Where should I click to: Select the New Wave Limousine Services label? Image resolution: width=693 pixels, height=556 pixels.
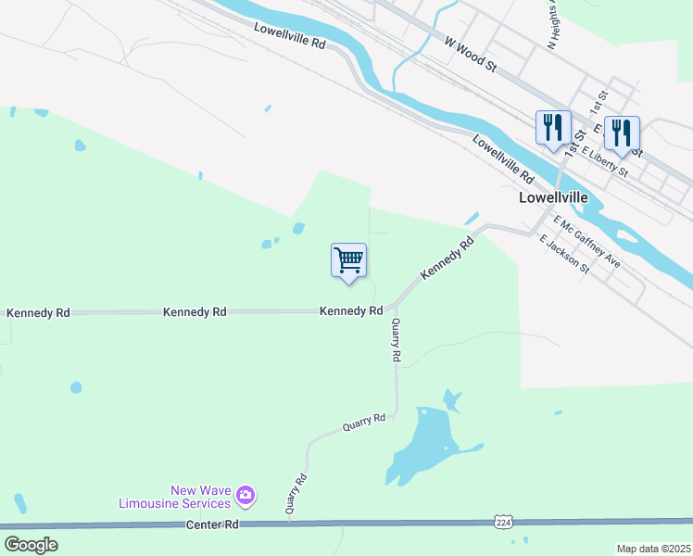pos(174,497)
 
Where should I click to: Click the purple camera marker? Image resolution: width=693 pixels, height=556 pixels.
pos(246,496)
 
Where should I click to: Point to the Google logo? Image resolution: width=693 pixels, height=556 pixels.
pos(31,544)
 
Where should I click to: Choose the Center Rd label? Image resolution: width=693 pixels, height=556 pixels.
pos(213,524)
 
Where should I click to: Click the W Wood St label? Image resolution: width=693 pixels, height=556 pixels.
pos(471,55)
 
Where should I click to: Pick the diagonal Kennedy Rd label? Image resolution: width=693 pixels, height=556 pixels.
pos(447,258)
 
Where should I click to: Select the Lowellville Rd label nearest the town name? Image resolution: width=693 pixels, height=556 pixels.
pos(503,158)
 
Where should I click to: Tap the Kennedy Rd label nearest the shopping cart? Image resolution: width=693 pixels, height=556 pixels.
pos(351,311)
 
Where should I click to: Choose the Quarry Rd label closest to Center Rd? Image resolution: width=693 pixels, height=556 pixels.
pos(296,494)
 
